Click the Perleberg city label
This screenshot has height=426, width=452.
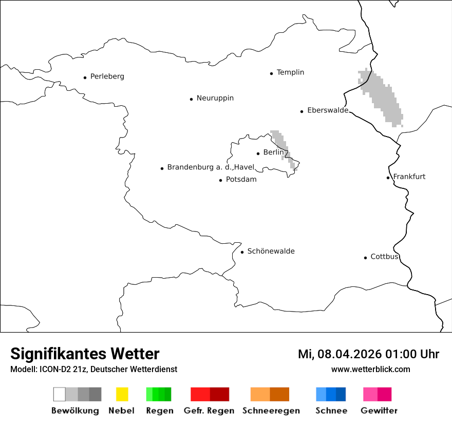pos(107,76)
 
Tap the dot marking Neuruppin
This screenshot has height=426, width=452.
pos(191,99)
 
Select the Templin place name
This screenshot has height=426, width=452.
pos(290,72)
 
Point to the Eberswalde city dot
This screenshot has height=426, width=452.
pos(302,111)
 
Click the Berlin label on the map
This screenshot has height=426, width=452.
pos(273,152)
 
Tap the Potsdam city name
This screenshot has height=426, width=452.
pos(241,180)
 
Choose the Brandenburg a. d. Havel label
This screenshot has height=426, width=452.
pos(211,167)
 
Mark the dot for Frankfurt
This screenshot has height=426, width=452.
pos(388,178)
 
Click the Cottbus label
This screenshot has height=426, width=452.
pos(384,257)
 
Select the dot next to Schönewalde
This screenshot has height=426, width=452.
pos(242,252)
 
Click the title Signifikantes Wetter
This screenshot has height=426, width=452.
pos(85,354)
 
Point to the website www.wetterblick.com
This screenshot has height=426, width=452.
pos(370,370)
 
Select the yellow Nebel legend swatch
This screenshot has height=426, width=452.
pos(122,394)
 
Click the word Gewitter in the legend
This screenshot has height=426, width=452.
pos(379,411)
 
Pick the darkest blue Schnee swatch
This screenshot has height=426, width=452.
pos(341,394)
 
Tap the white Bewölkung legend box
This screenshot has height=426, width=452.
pos(59,394)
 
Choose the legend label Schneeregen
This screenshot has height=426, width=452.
pos(271,411)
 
